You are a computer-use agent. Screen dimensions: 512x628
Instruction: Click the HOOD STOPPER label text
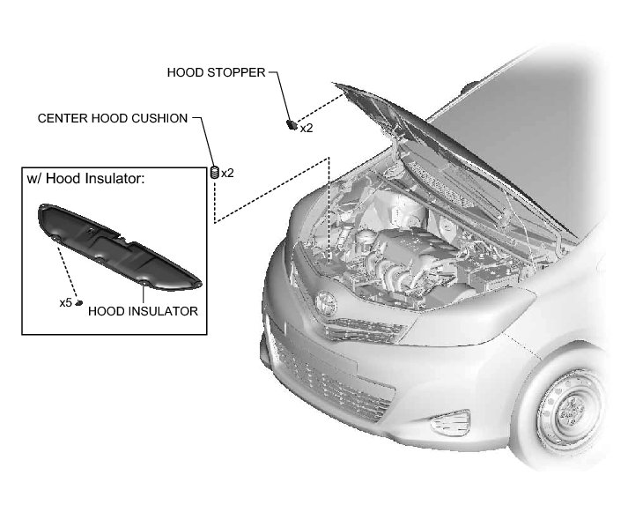click(216, 72)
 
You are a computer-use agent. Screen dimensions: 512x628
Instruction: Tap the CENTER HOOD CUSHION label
click(113, 118)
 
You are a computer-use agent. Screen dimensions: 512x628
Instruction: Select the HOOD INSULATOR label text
click(143, 311)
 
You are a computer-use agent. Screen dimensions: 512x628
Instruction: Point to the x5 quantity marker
click(65, 302)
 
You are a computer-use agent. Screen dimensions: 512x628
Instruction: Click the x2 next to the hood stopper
click(307, 129)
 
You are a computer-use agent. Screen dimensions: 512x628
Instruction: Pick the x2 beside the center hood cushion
click(227, 173)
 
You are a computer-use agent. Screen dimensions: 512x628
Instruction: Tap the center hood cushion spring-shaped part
click(213, 173)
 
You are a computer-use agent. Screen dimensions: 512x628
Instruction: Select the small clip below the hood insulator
click(79, 302)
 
